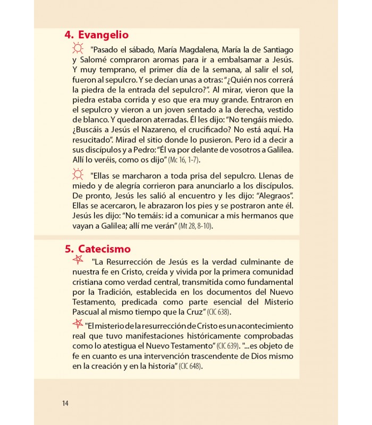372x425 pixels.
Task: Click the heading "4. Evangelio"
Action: tap(96, 35)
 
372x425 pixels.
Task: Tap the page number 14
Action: tap(65, 403)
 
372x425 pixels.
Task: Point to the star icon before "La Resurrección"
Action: tap(78, 260)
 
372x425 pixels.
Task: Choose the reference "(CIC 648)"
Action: tap(191, 367)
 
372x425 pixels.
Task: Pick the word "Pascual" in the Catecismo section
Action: tap(88, 312)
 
